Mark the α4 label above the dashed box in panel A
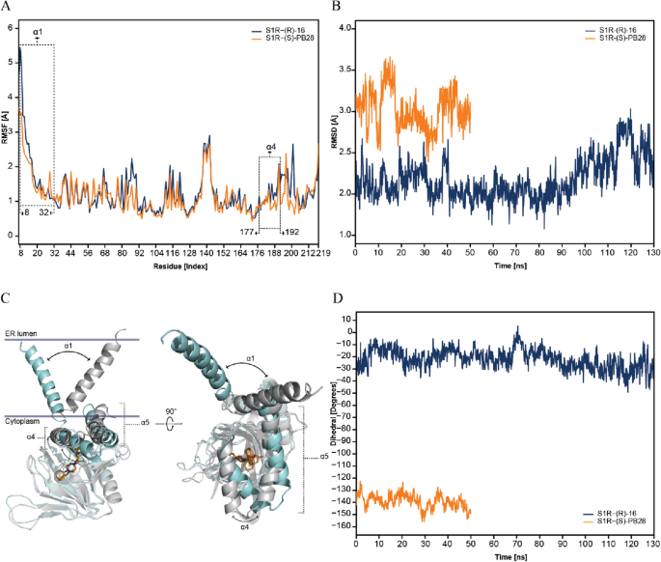pyautogui.click(x=270, y=148)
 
